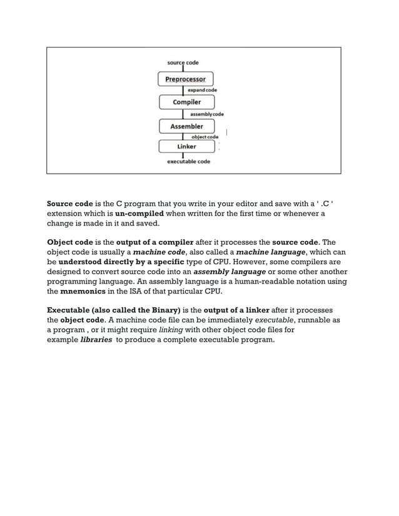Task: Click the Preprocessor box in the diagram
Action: coord(186,79)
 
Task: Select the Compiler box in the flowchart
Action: coord(186,102)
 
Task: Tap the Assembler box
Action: coord(186,126)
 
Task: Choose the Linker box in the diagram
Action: coord(186,146)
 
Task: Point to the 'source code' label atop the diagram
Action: coord(183,62)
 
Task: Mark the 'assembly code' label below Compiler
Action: coord(206,114)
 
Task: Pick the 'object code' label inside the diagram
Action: coord(205,137)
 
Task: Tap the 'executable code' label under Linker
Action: coord(188,161)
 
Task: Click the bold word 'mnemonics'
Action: coord(83,290)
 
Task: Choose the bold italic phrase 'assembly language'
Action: coord(230,272)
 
